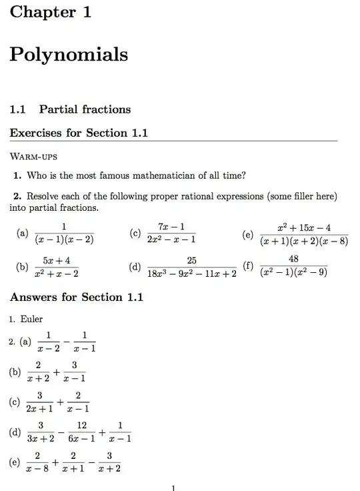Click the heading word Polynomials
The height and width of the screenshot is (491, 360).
[x=69, y=55]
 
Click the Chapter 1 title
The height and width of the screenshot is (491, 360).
[x=51, y=11]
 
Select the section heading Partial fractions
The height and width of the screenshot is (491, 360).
[x=85, y=109]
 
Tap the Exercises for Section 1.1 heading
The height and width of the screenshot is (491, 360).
[x=78, y=133]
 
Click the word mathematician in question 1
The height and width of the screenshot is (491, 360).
[x=159, y=176]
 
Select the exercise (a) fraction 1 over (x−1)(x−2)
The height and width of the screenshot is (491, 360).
[x=64, y=233]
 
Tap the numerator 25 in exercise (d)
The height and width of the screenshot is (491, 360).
[x=191, y=260]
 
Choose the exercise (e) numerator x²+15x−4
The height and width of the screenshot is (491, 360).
[x=305, y=227]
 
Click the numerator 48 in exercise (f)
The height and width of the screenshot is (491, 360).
[x=293, y=258]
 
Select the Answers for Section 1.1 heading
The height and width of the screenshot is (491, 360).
[x=77, y=297]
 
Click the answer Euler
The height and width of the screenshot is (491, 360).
[x=31, y=319]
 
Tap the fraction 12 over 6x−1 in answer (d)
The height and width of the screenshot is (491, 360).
[x=82, y=432]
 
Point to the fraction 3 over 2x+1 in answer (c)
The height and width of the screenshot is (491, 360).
[x=40, y=402]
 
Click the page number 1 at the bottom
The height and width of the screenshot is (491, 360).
[x=173, y=488]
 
